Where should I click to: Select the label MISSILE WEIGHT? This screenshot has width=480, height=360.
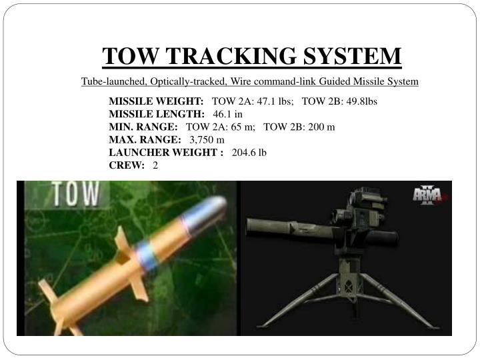click(x=157, y=101)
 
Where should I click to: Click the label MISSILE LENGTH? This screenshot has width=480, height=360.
click(x=157, y=114)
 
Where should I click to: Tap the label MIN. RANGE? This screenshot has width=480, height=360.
click(x=143, y=127)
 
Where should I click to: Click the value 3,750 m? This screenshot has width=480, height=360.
click(x=207, y=139)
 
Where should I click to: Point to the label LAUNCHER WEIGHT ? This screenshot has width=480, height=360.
click(x=166, y=152)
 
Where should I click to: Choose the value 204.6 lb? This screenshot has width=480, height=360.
click(x=249, y=152)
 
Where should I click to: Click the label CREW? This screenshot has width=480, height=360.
click(x=127, y=165)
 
